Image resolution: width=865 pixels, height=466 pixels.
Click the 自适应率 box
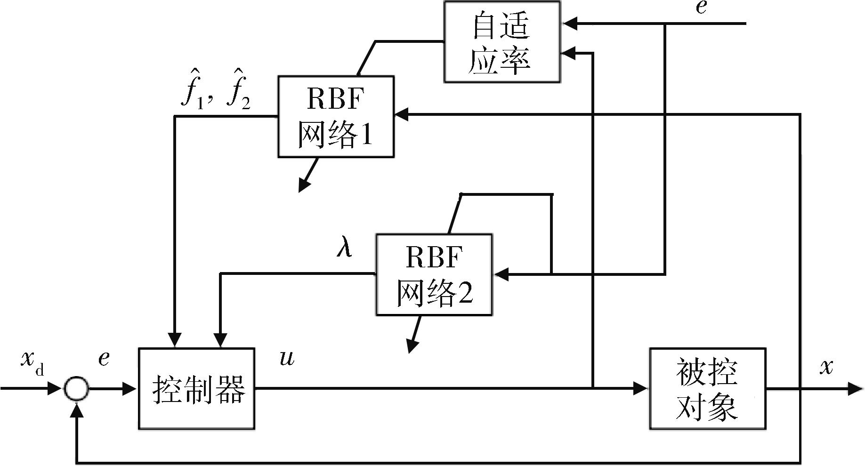coord(502,42)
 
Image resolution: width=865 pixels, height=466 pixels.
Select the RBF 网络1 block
coord(336,116)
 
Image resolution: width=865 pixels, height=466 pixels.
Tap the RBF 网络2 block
coord(434,274)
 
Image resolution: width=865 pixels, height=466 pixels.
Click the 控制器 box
coord(196,389)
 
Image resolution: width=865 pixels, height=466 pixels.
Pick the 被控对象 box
coord(707,389)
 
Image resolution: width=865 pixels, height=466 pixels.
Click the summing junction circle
coord(76,389)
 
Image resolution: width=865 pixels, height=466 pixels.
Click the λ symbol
coord(344,248)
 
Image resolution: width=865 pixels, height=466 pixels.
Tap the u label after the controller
coord(287,358)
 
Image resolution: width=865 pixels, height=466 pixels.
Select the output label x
coord(826,366)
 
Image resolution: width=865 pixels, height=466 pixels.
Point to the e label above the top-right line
coord(701,8)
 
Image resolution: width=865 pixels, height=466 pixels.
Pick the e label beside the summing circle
coord(104,359)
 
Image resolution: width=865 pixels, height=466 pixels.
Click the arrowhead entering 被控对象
coord(641,389)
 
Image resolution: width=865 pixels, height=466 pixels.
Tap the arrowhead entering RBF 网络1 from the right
coord(402,114)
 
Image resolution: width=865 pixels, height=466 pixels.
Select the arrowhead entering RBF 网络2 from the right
coord(501,274)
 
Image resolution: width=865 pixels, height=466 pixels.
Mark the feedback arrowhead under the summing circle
coord(77,410)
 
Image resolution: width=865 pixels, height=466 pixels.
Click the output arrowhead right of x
coord(855,389)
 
